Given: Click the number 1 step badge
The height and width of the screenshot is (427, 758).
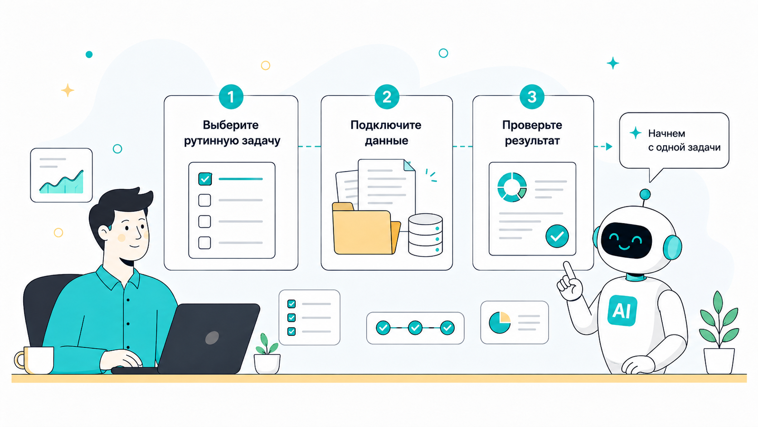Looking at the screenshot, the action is tap(231, 97).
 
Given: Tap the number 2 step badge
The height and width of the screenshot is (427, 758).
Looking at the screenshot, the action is tap(387, 97).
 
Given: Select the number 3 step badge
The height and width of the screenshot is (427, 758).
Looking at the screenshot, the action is tap(532, 97).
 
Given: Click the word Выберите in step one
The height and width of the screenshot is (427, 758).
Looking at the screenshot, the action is tap(231, 125).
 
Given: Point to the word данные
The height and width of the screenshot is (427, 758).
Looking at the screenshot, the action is tap(386, 141).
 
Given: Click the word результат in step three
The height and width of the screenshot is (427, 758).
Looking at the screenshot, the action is tap(532, 141).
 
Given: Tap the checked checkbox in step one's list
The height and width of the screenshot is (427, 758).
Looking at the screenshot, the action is tap(205, 179).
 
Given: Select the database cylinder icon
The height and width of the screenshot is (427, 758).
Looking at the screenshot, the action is tap(425, 235).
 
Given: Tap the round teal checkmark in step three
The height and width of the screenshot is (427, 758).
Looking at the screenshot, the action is tap(557, 236).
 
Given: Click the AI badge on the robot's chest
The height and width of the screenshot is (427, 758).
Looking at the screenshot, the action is tap(622, 310).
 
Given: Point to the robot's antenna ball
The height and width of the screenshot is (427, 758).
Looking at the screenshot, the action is tap(645, 194).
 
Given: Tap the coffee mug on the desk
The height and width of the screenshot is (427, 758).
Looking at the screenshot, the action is tap(34, 360).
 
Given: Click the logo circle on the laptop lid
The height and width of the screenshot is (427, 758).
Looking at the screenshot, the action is tap(212, 338).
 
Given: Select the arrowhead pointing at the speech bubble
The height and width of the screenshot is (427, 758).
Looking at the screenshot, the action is tap(609, 147).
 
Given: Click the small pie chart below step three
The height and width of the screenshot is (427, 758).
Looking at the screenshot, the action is tap(500, 323).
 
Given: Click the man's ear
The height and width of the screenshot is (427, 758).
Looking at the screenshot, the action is tap(103, 233).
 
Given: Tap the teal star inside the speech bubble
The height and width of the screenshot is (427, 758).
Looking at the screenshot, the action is tap(636, 133).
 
